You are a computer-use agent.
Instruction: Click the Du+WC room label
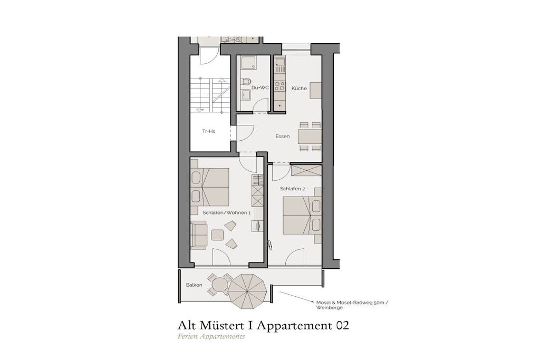[x=260, y=88]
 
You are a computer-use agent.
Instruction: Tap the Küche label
[x=299, y=88]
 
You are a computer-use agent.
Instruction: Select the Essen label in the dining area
[x=283, y=137]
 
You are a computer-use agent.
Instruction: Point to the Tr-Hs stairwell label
[x=209, y=131]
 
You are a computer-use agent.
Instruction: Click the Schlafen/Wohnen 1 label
[x=227, y=213]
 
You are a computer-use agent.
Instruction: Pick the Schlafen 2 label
[x=292, y=189]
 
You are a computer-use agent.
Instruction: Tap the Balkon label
[x=194, y=285]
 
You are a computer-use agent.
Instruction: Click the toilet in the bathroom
[x=246, y=82]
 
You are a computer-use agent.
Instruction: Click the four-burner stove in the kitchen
[x=280, y=86]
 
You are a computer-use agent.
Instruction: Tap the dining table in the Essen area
[x=310, y=137]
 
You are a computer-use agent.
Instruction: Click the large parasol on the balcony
[x=248, y=291]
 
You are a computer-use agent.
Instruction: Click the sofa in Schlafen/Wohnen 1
[x=199, y=235]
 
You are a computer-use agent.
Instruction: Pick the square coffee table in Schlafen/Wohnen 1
[x=217, y=235]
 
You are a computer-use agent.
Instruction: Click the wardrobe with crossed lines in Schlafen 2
[x=306, y=170]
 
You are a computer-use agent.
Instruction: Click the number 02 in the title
[x=342, y=325]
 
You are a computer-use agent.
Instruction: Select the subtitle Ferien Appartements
[x=211, y=337]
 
